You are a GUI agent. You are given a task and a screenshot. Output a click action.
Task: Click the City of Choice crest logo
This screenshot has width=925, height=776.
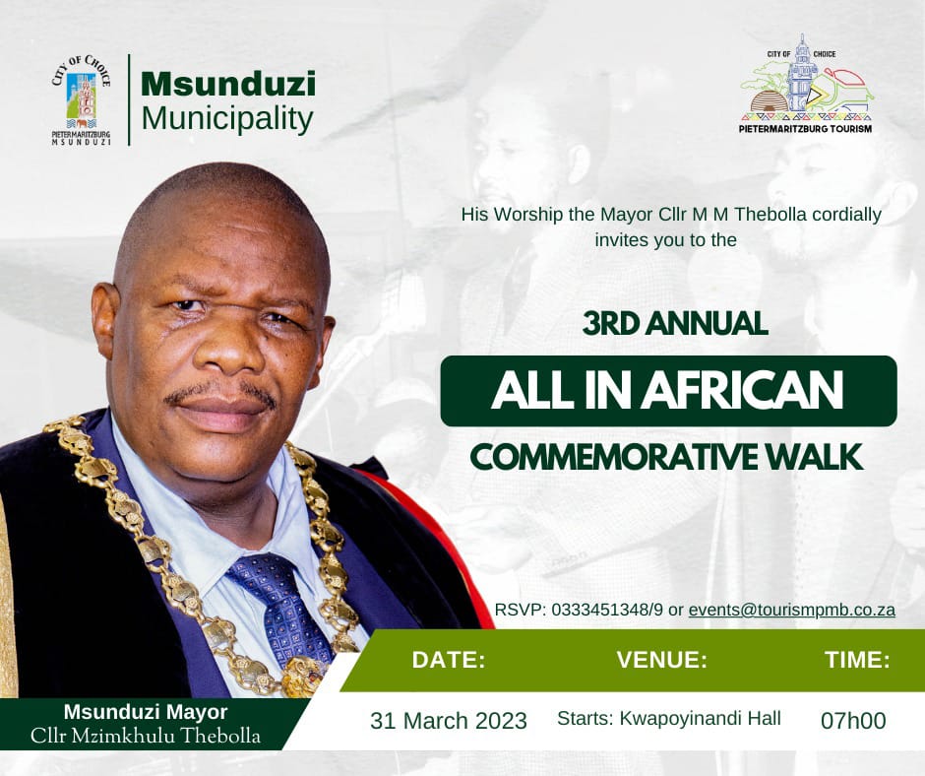point(82,100)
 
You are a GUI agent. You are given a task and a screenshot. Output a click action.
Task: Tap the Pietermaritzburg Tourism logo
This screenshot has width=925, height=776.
point(806,84)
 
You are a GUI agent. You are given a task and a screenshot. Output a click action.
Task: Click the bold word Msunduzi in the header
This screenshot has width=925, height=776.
point(228,84)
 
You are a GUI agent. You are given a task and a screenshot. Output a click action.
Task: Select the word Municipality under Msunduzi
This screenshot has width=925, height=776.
point(227,119)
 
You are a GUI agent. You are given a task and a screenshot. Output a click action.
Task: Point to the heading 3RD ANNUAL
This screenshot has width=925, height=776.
point(675,324)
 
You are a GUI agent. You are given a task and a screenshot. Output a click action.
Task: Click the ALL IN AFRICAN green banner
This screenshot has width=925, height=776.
point(668,391)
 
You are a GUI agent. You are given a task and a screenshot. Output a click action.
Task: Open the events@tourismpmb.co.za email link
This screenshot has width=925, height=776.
point(792,610)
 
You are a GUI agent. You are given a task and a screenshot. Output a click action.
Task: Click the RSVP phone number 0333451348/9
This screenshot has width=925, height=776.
point(607,610)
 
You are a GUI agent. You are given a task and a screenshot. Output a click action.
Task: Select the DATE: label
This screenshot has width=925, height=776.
point(449,660)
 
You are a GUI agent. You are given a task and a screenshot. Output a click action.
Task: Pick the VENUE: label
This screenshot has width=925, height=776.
point(662,660)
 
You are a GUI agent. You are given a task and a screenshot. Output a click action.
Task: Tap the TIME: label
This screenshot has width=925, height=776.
point(857,660)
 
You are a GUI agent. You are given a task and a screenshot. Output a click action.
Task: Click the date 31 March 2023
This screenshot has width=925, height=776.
point(449,721)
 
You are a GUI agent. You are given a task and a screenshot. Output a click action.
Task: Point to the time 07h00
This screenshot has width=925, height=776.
point(853,721)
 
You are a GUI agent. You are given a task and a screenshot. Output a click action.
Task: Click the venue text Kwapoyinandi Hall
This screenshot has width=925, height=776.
point(701,719)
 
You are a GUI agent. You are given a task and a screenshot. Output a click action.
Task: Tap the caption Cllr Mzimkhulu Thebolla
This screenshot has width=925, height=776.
point(145,736)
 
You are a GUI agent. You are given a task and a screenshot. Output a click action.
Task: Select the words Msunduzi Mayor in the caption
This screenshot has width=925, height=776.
point(146,712)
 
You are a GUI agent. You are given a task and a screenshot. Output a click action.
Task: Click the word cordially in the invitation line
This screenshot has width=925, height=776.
point(846,215)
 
